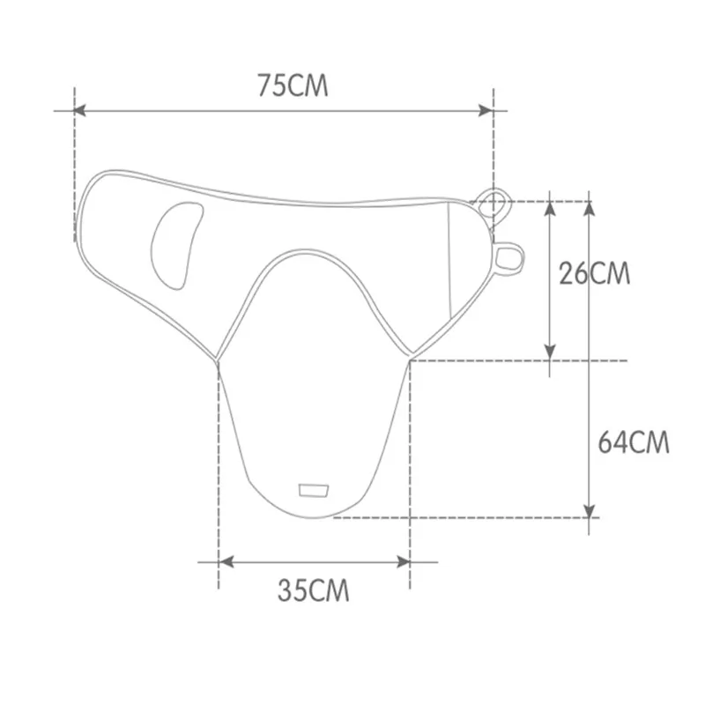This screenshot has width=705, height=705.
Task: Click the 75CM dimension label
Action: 293,85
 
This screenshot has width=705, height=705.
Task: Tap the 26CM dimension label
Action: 594,273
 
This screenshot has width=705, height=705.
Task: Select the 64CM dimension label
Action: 634,442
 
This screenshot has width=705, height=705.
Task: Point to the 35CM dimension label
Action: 314,590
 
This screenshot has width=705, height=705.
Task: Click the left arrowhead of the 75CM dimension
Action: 80,110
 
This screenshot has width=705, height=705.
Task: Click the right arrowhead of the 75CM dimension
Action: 486,110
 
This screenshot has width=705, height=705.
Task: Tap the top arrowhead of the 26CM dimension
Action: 550,209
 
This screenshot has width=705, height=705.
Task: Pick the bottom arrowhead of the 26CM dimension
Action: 550,352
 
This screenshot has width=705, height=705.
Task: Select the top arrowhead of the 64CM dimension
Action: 589,209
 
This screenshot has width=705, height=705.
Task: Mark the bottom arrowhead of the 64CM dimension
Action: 589,511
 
